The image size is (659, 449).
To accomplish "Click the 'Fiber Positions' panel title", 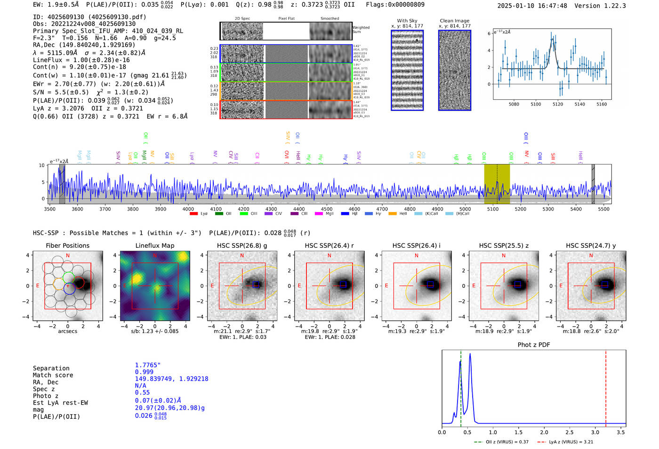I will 67,245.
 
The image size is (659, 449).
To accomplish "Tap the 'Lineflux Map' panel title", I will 154,245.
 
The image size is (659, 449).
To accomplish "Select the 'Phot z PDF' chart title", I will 534,345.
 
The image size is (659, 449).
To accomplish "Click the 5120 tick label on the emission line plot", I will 558,104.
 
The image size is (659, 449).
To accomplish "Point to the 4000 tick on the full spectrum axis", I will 188,209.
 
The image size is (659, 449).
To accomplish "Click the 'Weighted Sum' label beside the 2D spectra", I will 361,30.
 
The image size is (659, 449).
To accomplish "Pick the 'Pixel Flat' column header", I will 286,19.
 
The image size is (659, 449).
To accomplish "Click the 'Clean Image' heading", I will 454,21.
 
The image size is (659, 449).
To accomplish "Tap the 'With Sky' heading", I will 407,21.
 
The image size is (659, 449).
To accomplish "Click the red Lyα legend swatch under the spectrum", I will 193,214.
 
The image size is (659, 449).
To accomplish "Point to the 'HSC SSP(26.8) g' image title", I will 242,245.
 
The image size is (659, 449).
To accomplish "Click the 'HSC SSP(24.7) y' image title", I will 591,245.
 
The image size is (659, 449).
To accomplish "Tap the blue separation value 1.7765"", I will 148,365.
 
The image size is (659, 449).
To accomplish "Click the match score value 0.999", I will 144,372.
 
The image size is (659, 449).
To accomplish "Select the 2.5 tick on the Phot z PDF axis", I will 570,432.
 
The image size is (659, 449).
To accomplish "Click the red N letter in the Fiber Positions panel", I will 68,256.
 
